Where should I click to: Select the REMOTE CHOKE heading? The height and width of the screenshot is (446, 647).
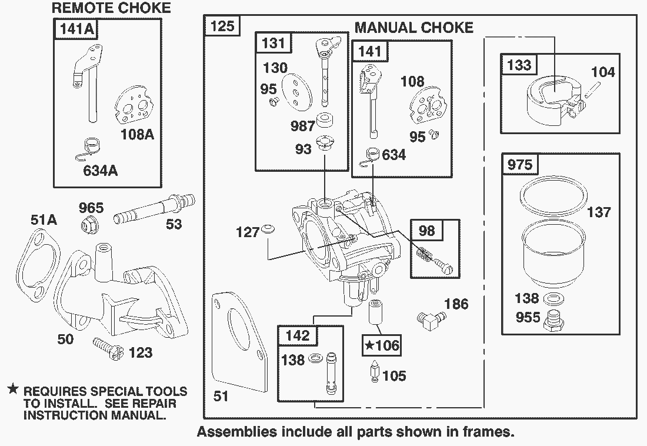point(111,8)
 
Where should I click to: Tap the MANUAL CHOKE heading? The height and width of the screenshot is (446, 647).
point(413,27)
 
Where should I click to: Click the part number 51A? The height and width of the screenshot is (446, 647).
point(44,220)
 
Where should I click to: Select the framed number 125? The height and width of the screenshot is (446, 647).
point(222,26)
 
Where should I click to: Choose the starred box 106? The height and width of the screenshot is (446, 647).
point(381,345)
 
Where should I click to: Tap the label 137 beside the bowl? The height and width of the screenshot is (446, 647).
point(599,212)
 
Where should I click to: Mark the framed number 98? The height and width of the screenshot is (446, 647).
point(426,230)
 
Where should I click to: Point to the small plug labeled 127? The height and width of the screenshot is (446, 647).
point(268,228)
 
